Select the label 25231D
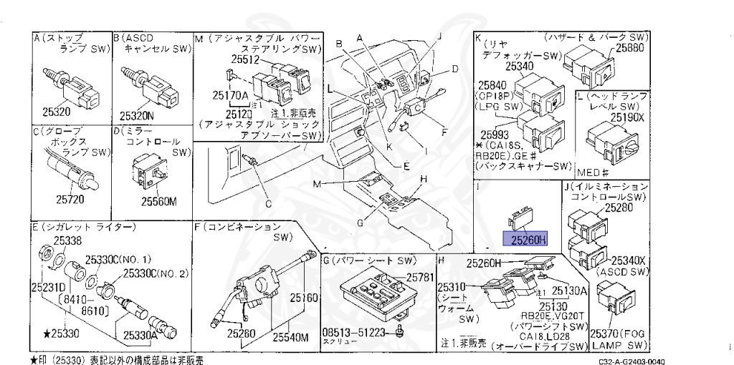47,286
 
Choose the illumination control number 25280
619,207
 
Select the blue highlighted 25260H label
526,240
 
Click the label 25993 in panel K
496,133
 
